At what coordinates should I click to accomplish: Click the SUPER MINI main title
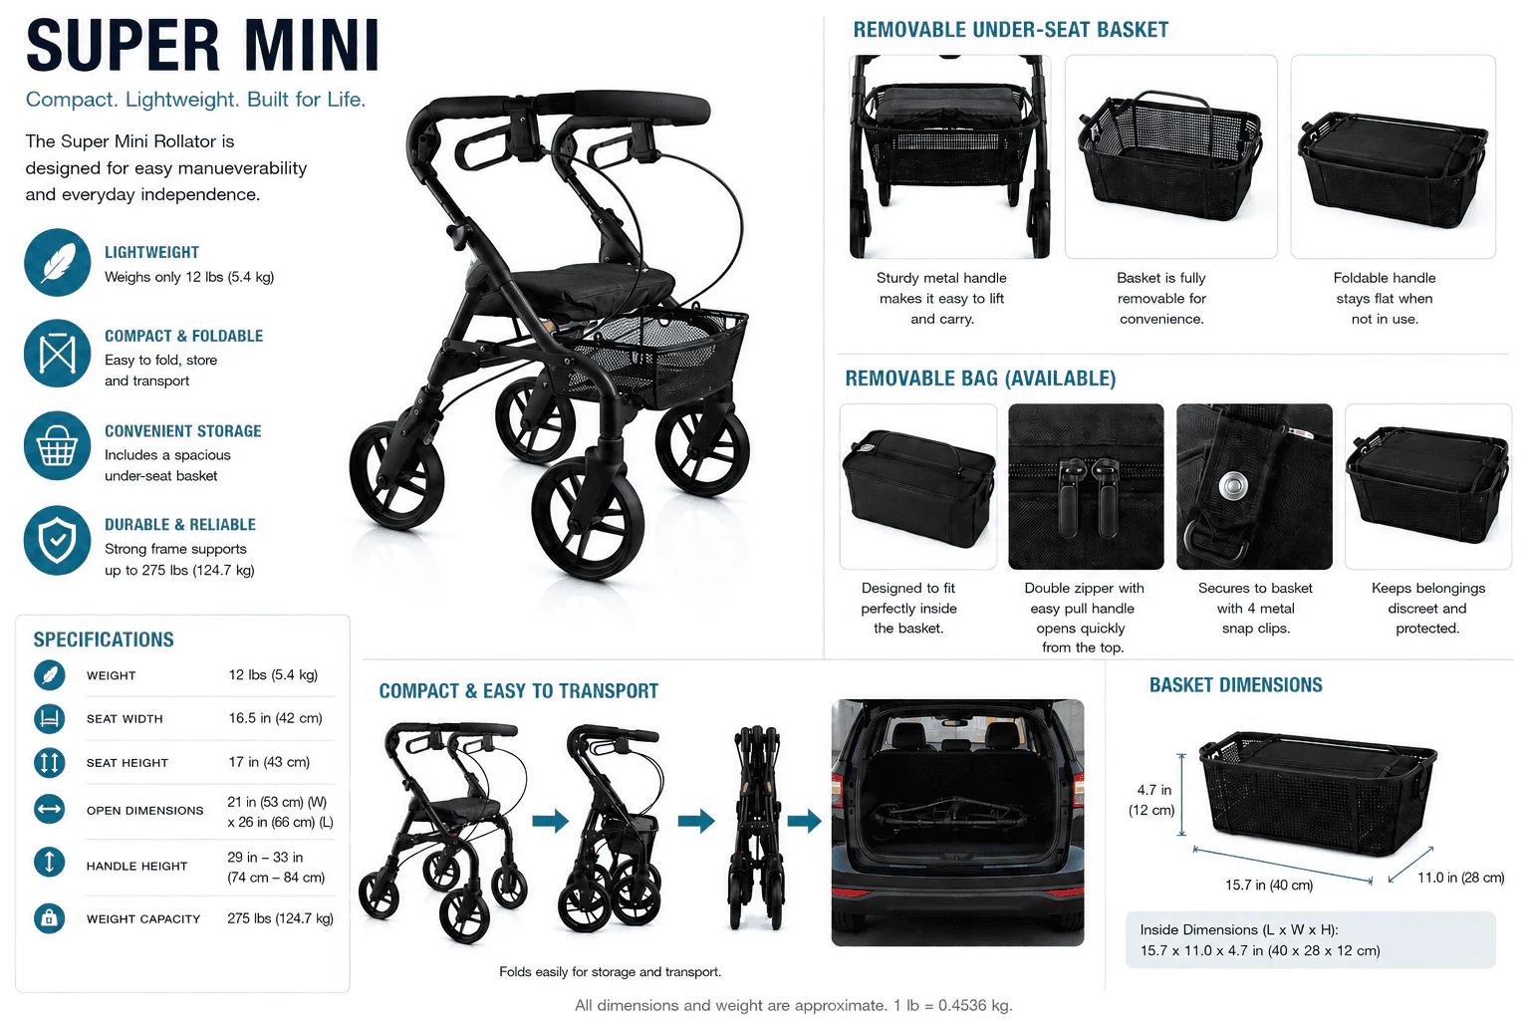(x=202, y=46)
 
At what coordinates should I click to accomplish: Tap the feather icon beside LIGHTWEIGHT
(x=58, y=262)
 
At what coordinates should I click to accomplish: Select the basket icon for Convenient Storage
(x=58, y=445)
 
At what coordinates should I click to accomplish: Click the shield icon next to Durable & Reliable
(x=58, y=540)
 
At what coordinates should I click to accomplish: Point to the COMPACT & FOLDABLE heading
(x=183, y=336)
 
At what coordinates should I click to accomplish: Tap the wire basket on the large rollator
(x=659, y=356)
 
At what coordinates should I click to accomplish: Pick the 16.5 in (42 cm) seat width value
(x=275, y=718)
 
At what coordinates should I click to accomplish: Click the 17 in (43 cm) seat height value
(x=269, y=762)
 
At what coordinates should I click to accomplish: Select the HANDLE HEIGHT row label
(x=136, y=867)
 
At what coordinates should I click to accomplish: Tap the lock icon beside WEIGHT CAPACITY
(x=49, y=918)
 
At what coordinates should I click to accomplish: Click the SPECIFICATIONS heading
(x=104, y=639)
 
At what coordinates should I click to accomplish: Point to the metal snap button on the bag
(x=1233, y=487)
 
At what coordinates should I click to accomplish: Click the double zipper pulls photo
(x=1086, y=486)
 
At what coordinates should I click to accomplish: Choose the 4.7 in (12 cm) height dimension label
(x=1152, y=800)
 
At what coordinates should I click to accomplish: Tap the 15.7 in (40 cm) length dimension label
(x=1269, y=886)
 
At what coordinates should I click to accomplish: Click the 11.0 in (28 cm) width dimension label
(x=1461, y=878)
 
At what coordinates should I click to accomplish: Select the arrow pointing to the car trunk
(x=804, y=821)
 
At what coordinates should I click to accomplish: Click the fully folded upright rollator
(x=756, y=827)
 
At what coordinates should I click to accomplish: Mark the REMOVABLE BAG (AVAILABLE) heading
(x=981, y=379)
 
